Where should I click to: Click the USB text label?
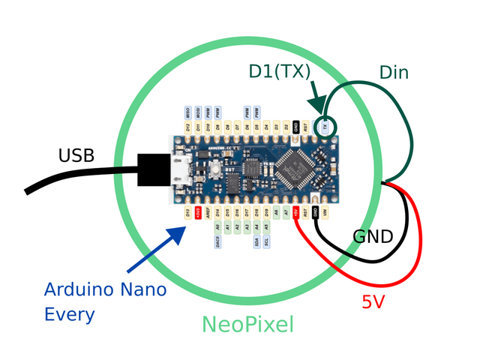[x=76, y=155]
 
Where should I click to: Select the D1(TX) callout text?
[x=280, y=72]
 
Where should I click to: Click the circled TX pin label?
[x=325, y=127]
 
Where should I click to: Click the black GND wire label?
[x=373, y=238]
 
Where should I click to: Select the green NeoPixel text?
[x=247, y=325]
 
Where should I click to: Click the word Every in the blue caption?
[x=69, y=313]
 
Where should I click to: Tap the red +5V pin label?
[x=297, y=212]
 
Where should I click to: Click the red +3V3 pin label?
[x=197, y=212]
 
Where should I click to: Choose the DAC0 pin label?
[x=217, y=241]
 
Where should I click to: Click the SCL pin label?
[x=268, y=241]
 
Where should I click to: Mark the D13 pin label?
[x=187, y=212]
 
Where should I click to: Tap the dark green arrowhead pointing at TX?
[x=319, y=112]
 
